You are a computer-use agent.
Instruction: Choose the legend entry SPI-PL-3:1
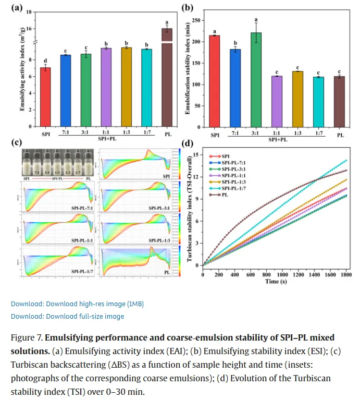(234, 168)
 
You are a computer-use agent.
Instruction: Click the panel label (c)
(16, 142)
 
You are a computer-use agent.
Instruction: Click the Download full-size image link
(67, 316)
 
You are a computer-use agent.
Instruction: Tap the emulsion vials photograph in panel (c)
(57, 163)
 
